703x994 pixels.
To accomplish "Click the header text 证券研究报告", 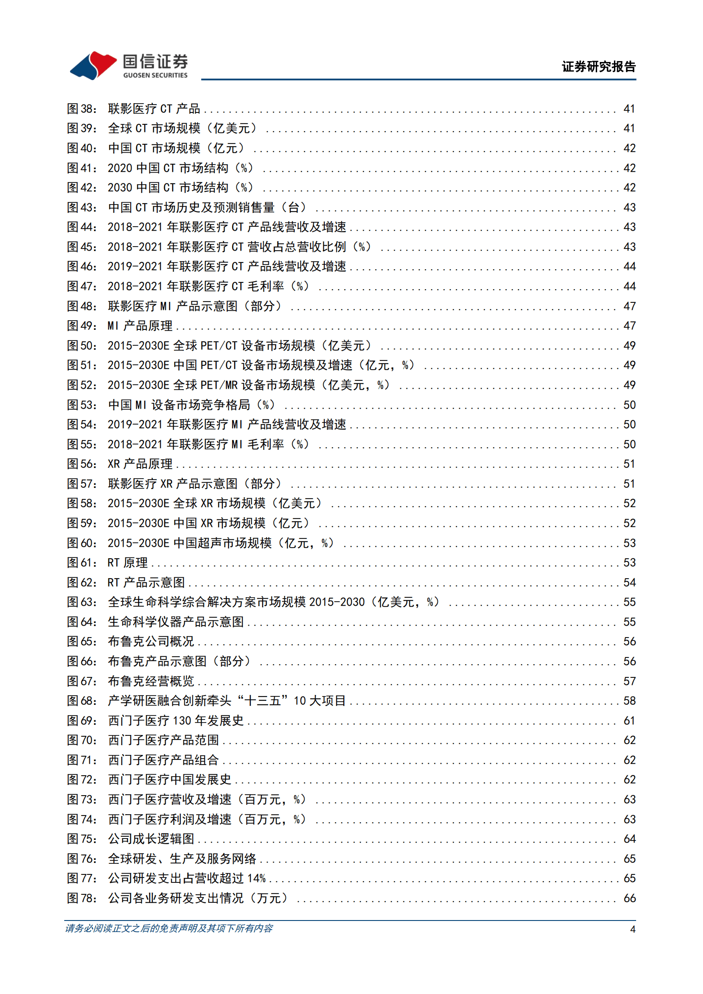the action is click(x=598, y=67).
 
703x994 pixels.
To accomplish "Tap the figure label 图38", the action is click(x=82, y=109).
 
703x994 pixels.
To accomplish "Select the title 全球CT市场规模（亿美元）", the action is click(x=182, y=128).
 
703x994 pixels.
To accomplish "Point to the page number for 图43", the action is click(x=629, y=208).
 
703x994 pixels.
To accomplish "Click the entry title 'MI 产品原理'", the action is click(x=140, y=326).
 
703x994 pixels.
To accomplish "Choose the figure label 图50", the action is click(x=82, y=346).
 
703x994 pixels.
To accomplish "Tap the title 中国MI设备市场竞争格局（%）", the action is click(x=191, y=405).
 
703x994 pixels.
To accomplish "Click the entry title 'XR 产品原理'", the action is click(x=140, y=464).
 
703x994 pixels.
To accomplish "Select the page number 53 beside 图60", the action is click(x=629, y=543).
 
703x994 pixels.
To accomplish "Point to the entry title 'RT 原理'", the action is click(x=128, y=563).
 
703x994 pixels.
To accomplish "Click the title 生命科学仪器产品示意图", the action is click(x=176, y=622).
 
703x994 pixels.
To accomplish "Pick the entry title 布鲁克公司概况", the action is click(x=151, y=642).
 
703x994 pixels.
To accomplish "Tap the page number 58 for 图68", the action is click(x=629, y=701).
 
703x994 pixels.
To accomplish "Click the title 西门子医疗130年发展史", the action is click(x=176, y=721).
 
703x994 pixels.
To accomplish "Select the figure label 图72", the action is click(x=82, y=780).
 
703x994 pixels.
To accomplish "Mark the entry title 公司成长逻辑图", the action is click(x=151, y=839).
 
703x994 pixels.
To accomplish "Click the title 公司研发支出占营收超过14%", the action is click(x=186, y=878).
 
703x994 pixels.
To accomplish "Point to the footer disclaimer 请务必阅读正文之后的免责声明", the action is click(x=169, y=928).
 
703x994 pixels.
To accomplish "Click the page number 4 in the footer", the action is click(x=633, y=929).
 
